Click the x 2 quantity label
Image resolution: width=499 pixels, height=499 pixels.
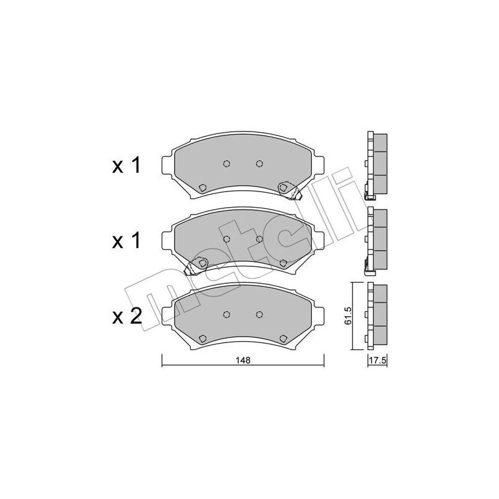127,317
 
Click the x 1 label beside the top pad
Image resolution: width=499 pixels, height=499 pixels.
127,166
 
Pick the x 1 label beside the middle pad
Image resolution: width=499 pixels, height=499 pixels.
127,241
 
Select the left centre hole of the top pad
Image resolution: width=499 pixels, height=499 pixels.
226,164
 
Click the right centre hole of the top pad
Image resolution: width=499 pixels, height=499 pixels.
259,164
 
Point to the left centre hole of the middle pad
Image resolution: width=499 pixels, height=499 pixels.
226,239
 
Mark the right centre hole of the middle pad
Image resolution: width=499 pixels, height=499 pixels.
259,239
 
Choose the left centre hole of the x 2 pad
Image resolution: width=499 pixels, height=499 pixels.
226,314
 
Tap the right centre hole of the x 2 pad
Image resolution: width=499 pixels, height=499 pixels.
259,314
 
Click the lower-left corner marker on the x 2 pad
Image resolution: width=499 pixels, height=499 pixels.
201,339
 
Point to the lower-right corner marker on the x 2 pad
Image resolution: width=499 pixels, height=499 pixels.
284,339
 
